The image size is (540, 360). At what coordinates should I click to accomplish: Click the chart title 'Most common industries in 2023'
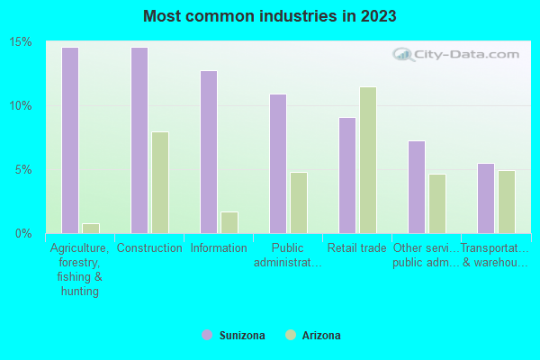pos(269,16)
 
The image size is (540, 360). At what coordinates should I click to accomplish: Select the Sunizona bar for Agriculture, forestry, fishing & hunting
pos(69,140)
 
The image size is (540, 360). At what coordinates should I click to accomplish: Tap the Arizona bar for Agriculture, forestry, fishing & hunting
pos(90,228)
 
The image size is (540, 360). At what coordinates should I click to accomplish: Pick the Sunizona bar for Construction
pos(139,140)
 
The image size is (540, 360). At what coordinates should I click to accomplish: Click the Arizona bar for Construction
pos(159,183)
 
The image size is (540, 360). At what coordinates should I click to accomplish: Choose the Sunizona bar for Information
pos(208,152)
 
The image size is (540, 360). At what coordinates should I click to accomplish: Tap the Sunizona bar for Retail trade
pos(346,175)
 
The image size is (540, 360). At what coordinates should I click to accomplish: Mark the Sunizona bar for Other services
pos(416,187)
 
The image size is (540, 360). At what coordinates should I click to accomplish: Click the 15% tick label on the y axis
pos(22,42)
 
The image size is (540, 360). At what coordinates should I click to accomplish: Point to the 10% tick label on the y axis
pos(22,105)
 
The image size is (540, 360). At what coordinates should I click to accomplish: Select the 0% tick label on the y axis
pos(24,233)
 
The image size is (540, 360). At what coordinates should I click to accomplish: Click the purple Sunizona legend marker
pos(206,335)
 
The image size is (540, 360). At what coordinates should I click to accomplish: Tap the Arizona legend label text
pos(321,336)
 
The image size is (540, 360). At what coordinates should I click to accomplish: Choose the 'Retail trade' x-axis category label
pos(357,248)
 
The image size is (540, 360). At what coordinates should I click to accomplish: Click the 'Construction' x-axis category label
pos(149,248)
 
